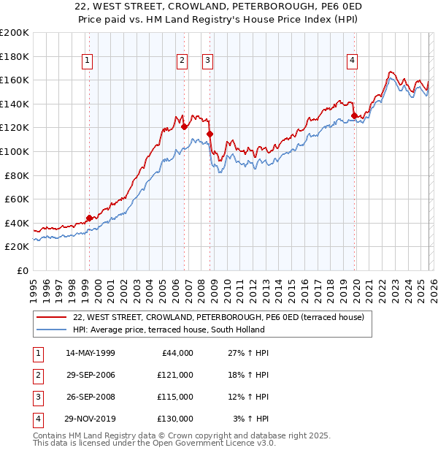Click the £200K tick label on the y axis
pyautogui.click(x=15, y=32)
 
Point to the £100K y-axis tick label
pyautogui.click(x=15, y=151)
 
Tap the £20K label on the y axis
pyautogui.click(x=17, y=247)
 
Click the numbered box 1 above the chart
pyautogui.click(x=87, y=61)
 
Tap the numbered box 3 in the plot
pyautogui.click(x=208, y=61)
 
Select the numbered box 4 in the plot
pyautogui.click(x=352, y=61)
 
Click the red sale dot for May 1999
pyautogui.click(x=90, y=218)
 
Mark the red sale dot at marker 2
pyautogui.click(x=184, y=126)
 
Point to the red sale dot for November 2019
pyautogui.click(x=355, y=115)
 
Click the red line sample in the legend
pyautogui.click(x=51, y=317)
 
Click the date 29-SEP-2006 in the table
pyautogui.click(x=91, y=375)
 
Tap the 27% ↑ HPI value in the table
pyautogui.click(x=248, y=353)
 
